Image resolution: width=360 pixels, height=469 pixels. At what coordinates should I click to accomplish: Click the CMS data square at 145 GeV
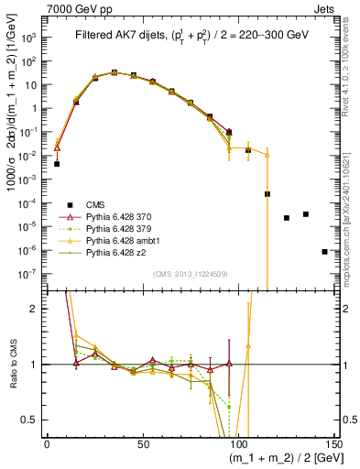pyautogui.click(x=324, y=251)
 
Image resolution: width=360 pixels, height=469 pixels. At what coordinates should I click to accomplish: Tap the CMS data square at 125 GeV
pyautogui.click(x=287, y=218)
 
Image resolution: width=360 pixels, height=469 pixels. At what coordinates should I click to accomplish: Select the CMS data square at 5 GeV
pyautogui.click(x=57, y=164)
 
